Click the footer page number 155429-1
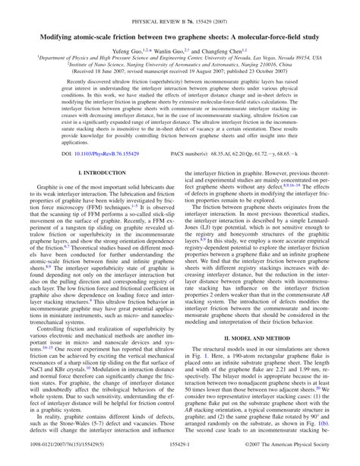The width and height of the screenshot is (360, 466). click(180, 460)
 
